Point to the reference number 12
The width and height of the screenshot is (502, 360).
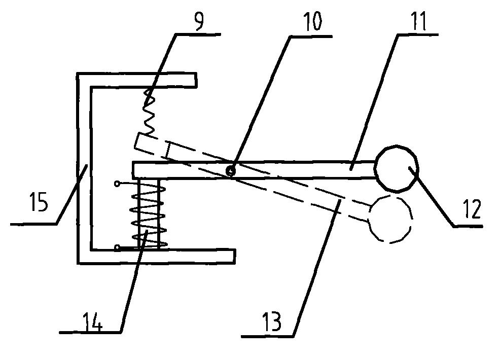(x=472, y=209)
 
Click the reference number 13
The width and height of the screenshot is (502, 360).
(x=272, y=321)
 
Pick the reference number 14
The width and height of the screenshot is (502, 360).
(x=93, y=321)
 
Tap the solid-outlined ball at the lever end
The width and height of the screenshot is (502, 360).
(x=397, y=169)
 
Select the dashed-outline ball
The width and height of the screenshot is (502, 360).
(x=389, y=219)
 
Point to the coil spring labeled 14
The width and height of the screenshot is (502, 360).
(x=149, y=213)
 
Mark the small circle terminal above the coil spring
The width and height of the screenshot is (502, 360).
(x=118, y=184)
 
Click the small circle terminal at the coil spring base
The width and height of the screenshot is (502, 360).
(x=118, y=247)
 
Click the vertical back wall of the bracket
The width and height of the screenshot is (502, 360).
(x=85, y=168)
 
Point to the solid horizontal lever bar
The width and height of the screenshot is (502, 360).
(x=254, y=169)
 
